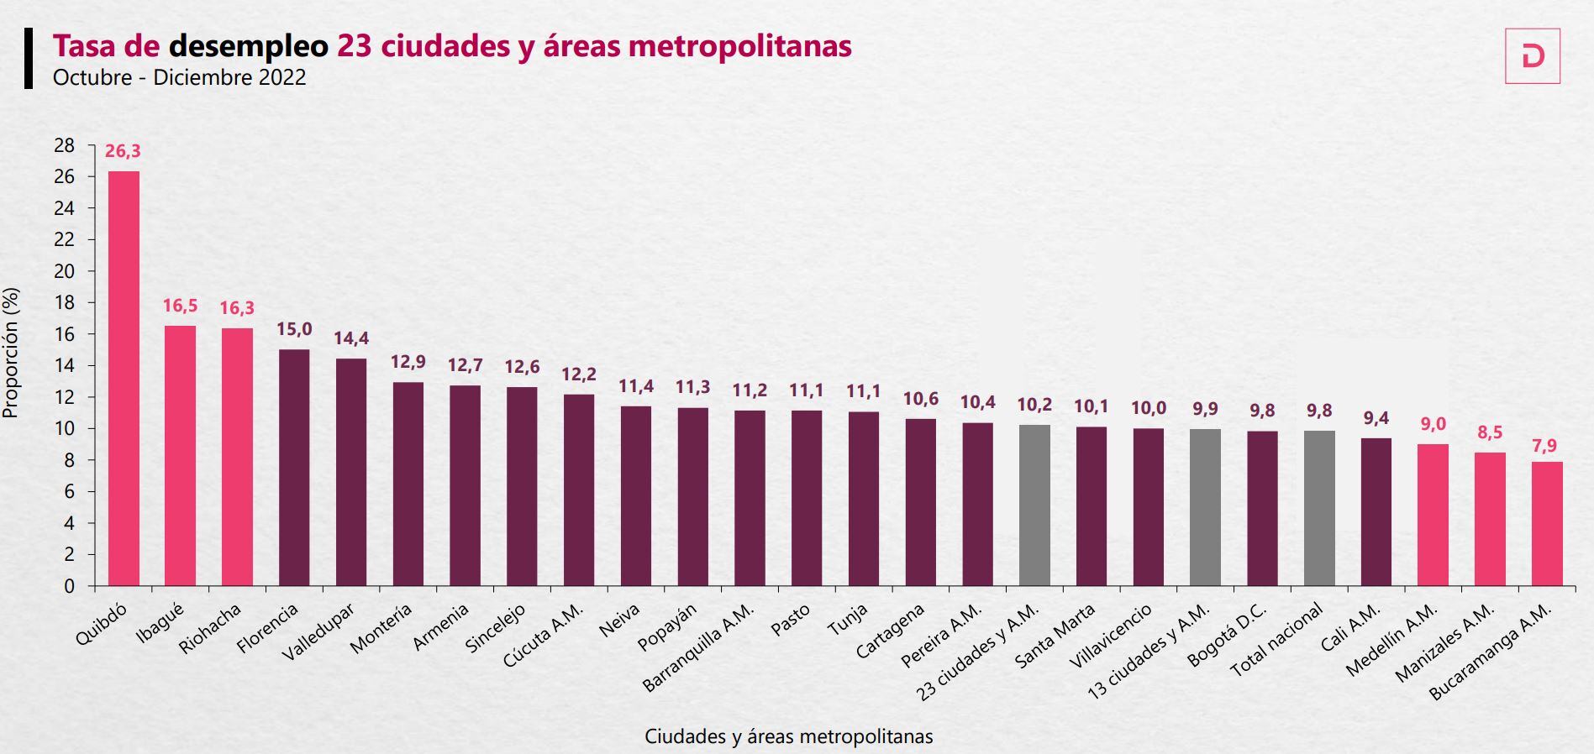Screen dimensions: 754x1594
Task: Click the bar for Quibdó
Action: [x=124, y=378]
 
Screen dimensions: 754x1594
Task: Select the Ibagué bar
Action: [x=180, y=455]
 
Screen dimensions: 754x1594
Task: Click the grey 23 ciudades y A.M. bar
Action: [x=1034, y=505]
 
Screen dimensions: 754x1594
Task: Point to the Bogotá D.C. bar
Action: [x=1262, y=508]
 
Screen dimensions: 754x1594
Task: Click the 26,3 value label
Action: [x=123, y=151]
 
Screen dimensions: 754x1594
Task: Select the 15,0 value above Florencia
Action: [x=294, y=329]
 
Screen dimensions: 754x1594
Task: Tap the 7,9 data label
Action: [x=1544, y=446]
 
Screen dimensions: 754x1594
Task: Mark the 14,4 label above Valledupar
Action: [x=351, y=338]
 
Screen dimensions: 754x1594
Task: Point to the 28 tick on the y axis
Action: [x=64, y=145]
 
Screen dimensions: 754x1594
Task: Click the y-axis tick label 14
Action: [x=64, y=366]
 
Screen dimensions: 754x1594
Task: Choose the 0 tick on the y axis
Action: [x=69, y=586]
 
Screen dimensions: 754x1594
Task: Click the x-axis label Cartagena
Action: [x=891, y=631]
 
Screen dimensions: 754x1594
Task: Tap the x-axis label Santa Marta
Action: [x=1055, y=636]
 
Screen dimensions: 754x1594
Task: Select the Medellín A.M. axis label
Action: [x=1392, y=640]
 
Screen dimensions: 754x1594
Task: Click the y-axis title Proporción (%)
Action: [x=11, y=353]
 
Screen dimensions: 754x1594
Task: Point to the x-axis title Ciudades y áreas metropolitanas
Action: [x=788, y=736]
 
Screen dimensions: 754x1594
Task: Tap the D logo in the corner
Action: [x=1532, y=56]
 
